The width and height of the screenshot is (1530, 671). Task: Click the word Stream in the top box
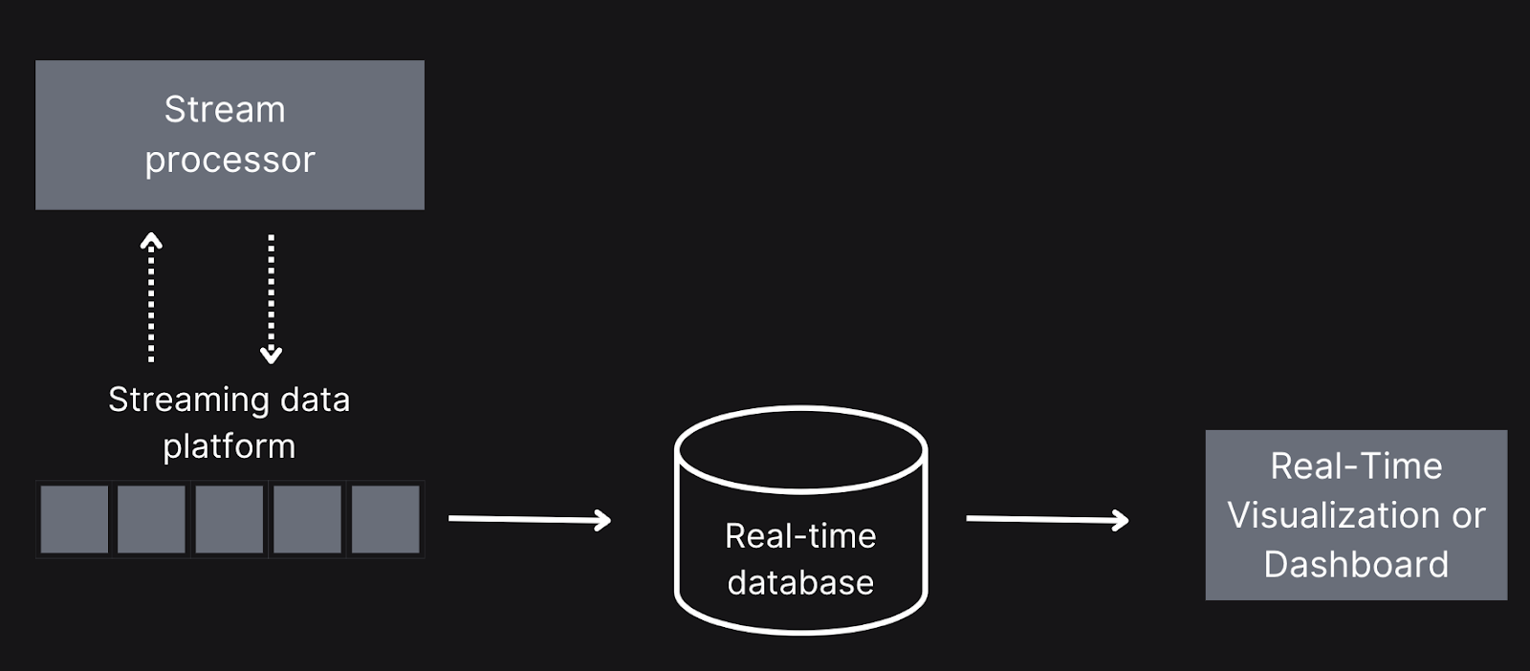coord(225,109)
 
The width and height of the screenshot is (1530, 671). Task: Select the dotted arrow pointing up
coord(151,297)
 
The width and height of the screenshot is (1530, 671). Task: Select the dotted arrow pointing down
coord(272,299)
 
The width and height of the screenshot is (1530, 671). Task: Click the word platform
coord(229,446)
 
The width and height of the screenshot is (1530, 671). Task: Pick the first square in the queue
coord(75,519)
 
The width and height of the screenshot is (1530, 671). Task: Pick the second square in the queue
coord(152,519)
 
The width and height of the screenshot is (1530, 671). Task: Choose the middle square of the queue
coord(229,519)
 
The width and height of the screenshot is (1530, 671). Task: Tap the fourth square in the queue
coord(307,519)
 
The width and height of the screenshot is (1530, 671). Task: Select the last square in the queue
coord(385,519)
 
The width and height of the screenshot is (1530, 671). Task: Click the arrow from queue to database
coord(530,519)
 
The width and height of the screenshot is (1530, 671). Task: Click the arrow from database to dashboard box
coord(1047,519)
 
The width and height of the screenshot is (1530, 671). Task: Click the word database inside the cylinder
coord(800,583)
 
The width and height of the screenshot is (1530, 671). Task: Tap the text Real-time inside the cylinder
coord(800,536)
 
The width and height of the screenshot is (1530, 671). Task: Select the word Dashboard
coord(1357,565)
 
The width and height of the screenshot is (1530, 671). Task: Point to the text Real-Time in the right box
coord(1357,466)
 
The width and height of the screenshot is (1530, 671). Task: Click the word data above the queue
coord(316,400)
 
